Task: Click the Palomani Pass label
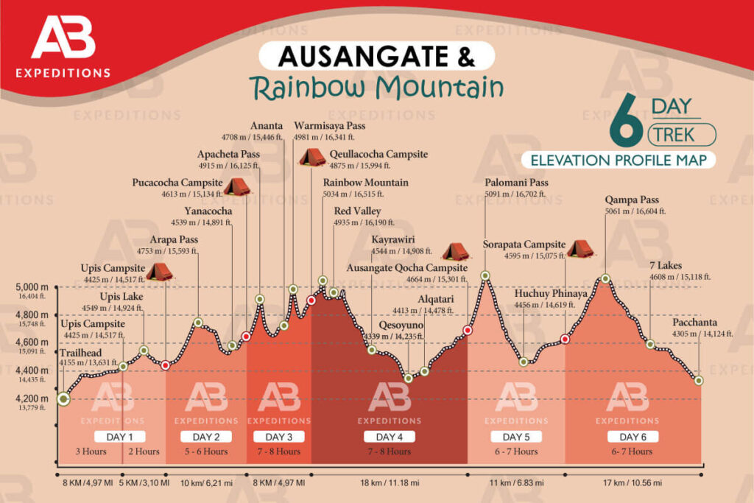click(x=516, y=183)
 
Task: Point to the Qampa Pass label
click(x=632, y=200)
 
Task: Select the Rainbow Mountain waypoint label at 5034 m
click(x=365, y=183)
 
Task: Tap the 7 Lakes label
click(x=666, y=266)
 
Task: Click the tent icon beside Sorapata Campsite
click(x=580, y=249)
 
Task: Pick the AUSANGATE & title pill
click(x=376, y=56)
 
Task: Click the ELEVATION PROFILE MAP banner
click(x=618, y=160)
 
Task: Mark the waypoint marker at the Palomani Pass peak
click(x=485, y=276)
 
